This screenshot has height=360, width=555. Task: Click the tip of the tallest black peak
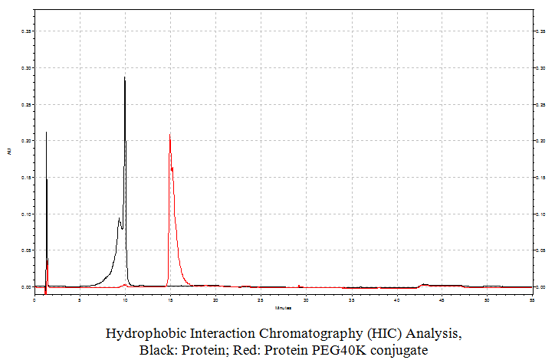pyautogui.click(x=125, y=77)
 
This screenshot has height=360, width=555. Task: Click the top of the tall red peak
pyautogui.click(x=169, y=135)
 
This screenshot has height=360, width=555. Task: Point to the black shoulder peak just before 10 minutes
pyautogui.click(x=119, y=219)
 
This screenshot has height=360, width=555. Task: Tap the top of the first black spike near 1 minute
pyautogui.click(x=46, y=133)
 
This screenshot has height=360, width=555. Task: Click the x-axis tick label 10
pyautogui.click(x=125, y=299)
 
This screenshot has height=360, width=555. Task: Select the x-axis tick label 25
pyautogui.click(x=261, y=299)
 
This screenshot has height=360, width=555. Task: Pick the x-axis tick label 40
pyautogui.click(x=396, y=299)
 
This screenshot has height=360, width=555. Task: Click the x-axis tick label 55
pyautogui.click(x=532, y=299)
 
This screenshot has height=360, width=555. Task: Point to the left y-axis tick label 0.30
pyautogui.click(x=27, y=68)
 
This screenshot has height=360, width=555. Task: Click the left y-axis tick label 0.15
pyautogui.click(x=27, y=178)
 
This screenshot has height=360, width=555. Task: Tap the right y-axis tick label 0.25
pyautogui.click(x=542, y=105)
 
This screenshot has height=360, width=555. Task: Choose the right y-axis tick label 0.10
pyautogui.click(x=542, y=214)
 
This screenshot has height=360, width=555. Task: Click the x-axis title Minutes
pyautogui.click(x=284, y=308)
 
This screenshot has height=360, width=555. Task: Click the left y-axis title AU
pyautogui.click(x=9, y=152)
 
